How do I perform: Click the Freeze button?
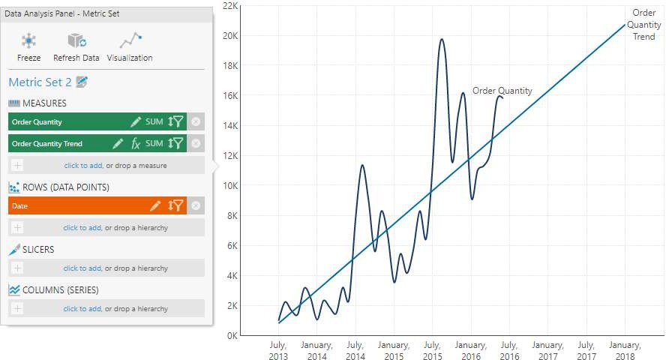[x=28, y=46]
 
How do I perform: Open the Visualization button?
[x=130, y=46]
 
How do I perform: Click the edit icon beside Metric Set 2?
[x=82, y=82]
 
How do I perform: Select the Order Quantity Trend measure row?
[x=52, y=143]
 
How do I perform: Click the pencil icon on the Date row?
[x=155, y=205]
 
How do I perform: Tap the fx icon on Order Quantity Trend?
[x=136, y=143]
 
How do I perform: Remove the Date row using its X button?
[x=196, y=205]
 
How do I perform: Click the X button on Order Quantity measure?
[x=196, y=121]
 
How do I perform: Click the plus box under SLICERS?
[x=17, y=268]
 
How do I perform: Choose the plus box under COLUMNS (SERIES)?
[x=17, y=308]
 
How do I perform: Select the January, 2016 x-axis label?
[x=470, y=350]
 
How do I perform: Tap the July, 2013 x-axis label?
[x=278, y=350]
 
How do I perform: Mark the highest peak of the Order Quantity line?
[x=442, y=40]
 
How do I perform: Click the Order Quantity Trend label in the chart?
[x=644, y=25]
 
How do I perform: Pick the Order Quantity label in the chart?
[x=502, y=91]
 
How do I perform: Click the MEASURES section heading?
[x=44, y=103]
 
